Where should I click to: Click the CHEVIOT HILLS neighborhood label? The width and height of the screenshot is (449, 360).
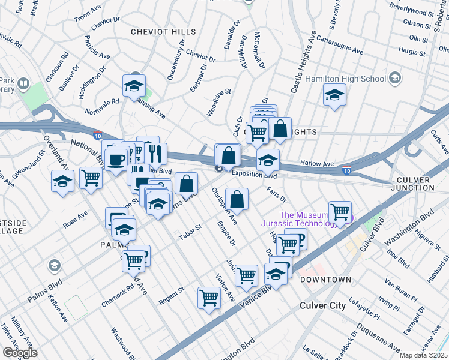click(x=164, y=31)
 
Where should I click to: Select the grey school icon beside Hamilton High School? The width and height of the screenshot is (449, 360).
click(x=395, y=78)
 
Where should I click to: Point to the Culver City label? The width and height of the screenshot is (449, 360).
click(x=322, y=305)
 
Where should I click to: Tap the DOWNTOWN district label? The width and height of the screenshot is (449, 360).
click(x=325, y=280)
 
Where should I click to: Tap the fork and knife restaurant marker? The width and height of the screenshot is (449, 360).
click(x=155, y=153)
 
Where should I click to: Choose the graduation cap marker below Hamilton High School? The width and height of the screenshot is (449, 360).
click(x=334, y=94)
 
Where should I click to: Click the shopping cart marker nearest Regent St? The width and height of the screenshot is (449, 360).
click(x=209, y=296)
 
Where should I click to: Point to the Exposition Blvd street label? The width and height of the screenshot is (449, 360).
click(x=253, y=176)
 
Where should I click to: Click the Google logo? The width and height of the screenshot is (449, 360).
click(x=20, y=353)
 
